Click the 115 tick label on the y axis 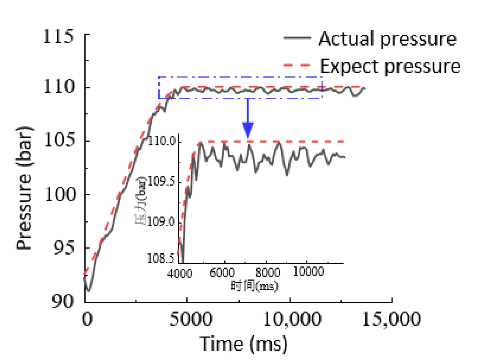click(58, 37)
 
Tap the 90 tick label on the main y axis click(63, 301)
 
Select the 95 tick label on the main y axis click(63, 247)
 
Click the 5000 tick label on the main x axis click(190, 319)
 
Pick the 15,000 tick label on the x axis click(391, 319)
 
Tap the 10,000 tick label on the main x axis click(292, 319)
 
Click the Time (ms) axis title click(243, 344)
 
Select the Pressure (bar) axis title click(24, 188)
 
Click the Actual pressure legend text click(387, 39)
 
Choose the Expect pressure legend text click(390, 66)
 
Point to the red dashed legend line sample click(297, 65)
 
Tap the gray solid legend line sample click(297, 38)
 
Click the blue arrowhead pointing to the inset click(248, 129)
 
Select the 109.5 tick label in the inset click(161, 182)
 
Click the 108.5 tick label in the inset click(161, 258)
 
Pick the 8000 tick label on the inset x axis click(267, 272)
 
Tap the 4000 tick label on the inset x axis click(180, 274)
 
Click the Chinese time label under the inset click(254, 286)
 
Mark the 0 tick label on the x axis click(87, 319)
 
